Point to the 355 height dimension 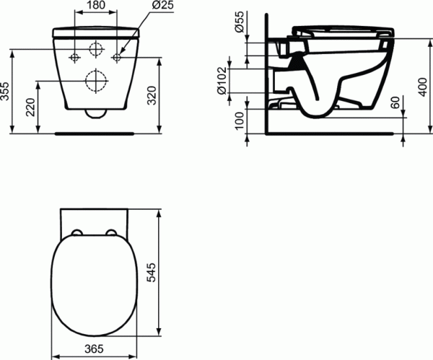[x=6, y=91]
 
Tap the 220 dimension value [x=29, y=108]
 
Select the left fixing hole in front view [x=75, y=56]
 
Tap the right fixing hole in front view [x=116, y=56]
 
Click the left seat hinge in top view [x=76, y=232]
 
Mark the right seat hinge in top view [x=112, y=232]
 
